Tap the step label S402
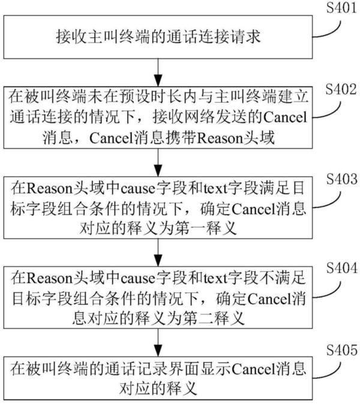click(341, 89)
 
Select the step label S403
click(341, 179)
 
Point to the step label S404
click(341, 268)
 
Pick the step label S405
click(341, 350)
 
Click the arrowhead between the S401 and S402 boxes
click(158, 80)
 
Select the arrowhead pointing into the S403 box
click(158, 170)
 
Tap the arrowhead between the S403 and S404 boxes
click(158, 260)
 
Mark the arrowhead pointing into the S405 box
click(158, 350)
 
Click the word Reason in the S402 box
click(220, 138)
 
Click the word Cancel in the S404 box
click(269, 299)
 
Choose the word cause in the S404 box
click(138, 278)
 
